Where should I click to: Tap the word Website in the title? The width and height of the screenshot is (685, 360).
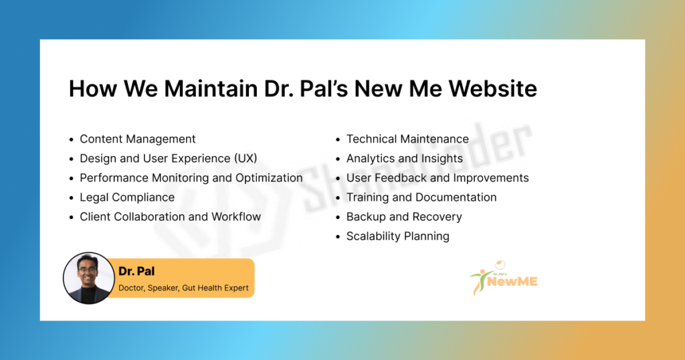[493, 89]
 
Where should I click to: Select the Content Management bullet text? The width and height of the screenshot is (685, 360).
[138, 139]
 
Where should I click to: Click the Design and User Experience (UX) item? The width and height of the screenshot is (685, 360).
[168, 158]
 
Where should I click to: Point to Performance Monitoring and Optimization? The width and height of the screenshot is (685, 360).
[191, 178]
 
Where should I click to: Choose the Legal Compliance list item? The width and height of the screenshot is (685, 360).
[127, 197]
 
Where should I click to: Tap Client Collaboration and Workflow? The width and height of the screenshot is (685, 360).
[170, 217]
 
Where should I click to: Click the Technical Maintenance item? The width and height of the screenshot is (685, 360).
[407, 139]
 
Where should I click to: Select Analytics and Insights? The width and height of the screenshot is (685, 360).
[405, 158]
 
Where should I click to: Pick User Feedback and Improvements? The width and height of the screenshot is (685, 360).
[437, 178]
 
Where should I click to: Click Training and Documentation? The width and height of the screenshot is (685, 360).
[421, 197]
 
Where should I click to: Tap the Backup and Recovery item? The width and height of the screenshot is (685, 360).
[404, 217]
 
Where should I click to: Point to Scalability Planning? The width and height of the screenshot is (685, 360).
[397, 236]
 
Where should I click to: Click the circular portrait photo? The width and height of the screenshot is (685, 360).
[89, 278]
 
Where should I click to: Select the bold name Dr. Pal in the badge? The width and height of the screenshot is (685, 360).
[136, 271]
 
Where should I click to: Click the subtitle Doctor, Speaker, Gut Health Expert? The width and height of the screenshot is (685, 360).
[183, 288]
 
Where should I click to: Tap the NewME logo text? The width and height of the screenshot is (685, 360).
[512, 282]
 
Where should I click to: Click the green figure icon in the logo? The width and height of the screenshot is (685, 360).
[479, 281]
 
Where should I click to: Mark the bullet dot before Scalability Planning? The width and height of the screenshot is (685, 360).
[338, 237]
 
